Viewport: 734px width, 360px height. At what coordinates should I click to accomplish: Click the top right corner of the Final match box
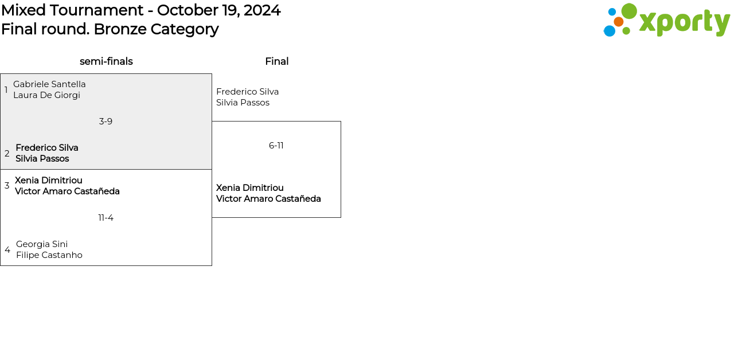tap(341, 122)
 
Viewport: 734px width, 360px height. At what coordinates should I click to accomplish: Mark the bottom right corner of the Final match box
tap(341, 217)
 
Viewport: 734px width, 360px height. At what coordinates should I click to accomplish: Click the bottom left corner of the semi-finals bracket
tap(1, 265)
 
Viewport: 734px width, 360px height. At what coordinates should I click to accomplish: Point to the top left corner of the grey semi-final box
tap(1, 74)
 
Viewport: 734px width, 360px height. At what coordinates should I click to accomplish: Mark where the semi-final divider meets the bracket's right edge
tap(212, 169)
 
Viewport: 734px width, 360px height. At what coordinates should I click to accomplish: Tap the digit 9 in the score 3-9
tap(110, 122)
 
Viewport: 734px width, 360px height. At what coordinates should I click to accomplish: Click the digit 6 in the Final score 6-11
tap(271, 146)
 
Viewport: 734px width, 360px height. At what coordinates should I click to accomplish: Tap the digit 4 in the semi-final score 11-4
tap(111, 218)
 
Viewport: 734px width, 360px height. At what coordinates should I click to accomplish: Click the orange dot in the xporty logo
tap(618, 22)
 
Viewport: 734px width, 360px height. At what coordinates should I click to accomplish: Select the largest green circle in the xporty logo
tap(629, 11)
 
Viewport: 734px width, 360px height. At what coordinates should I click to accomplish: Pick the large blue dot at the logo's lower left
tap(610, 31)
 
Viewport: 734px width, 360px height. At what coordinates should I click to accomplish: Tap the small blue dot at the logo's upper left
tap(612, 12)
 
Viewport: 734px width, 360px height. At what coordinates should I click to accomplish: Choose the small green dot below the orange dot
tap(626, 31)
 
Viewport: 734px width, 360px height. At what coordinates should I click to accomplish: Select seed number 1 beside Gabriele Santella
tap(6, 90)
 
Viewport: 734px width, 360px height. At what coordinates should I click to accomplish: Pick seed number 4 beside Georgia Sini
tap(7, 250)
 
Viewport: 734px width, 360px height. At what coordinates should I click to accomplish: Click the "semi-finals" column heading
tap(106, 61)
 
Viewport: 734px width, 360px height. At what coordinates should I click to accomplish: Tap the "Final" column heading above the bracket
tap(277, 61)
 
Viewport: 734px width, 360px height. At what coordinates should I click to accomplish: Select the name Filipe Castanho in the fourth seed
tap(49, 255)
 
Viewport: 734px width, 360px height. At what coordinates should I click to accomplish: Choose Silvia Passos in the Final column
tap(243, 103)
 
